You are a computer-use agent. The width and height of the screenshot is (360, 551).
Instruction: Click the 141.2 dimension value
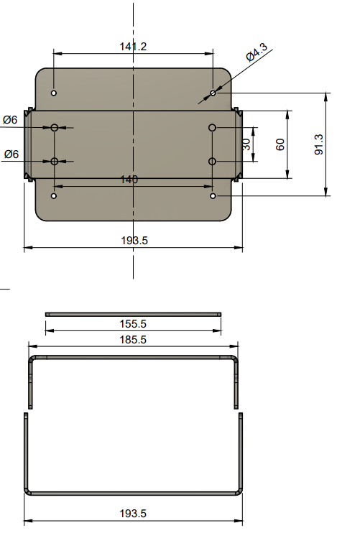pyautogui.click(x=133, y=46)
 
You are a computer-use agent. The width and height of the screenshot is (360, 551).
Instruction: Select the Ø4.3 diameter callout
pyautogui.click(x=257, y=53)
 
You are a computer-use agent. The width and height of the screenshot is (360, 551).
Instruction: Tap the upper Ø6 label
pyautogui.click(x=11, y=120)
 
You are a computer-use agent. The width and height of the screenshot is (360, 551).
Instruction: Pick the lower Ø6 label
pyautogui.click(x=11, y=154)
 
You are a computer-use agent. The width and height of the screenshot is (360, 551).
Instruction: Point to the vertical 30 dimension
pyautogui.click(x=246, y=144)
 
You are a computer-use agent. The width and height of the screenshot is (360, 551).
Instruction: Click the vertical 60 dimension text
pyautogui.click(x=280, y=144)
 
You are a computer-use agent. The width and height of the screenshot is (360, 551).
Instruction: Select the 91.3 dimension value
pyautogui.click(x=319, y=144)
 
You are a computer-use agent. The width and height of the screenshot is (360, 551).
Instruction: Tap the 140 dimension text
pyautogui.click(x=129, y=180)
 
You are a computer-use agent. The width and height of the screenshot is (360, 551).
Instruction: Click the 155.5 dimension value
pyautogui.click(x=133, y=324)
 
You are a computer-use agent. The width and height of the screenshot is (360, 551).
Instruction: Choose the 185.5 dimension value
pyautogui.click(x=133, y=340)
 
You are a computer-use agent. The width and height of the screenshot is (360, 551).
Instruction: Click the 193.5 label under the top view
pyautogui.click(x=134, y=241)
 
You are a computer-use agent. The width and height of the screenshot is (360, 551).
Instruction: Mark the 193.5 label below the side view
pyautogui.click(x=134, y=514)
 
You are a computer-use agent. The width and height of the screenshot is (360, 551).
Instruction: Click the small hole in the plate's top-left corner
pyautogui.click(x=54, y=93)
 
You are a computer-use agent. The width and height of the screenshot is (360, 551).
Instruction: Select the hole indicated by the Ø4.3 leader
pyautogui.click(x=213, y=93)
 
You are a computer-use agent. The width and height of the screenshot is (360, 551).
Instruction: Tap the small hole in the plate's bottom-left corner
pyautogui.click(x=54, y=195)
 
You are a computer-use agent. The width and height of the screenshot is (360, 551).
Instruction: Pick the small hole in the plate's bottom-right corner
pyautogui.click(x=213, y=195)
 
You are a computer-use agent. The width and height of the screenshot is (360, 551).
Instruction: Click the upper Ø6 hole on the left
pyautogui.click(x=54, y=127)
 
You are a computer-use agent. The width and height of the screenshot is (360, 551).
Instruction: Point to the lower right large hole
pyautogui.click(x=213, y=161)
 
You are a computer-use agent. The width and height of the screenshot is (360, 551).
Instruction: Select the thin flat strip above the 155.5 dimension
pyautogui.click(x=133, y=314)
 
